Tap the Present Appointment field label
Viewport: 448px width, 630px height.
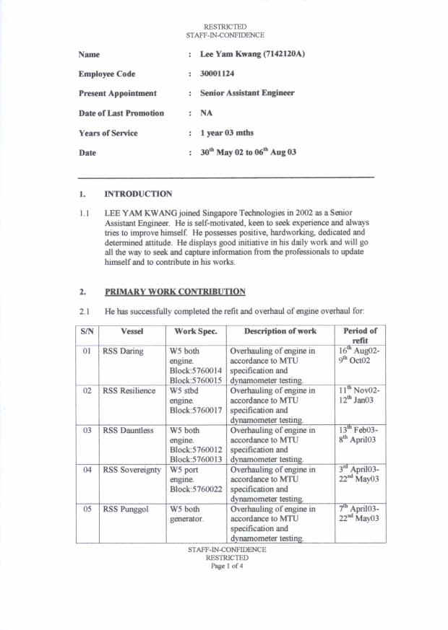point(117,93)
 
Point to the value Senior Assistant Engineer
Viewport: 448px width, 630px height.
point(247,93)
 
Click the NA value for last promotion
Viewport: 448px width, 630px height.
point(206,113)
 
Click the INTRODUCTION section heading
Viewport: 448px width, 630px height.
point(138,193)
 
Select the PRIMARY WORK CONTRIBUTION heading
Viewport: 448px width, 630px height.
point(175,292)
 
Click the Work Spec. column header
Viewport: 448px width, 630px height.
point(197,331)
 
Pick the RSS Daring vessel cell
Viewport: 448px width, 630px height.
point(123,351)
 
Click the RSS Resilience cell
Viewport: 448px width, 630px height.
point(129,390)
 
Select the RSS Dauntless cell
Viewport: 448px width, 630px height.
point(128,430)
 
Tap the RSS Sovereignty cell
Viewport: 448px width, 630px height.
point(132,470)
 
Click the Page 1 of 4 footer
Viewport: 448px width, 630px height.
point(227,566)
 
